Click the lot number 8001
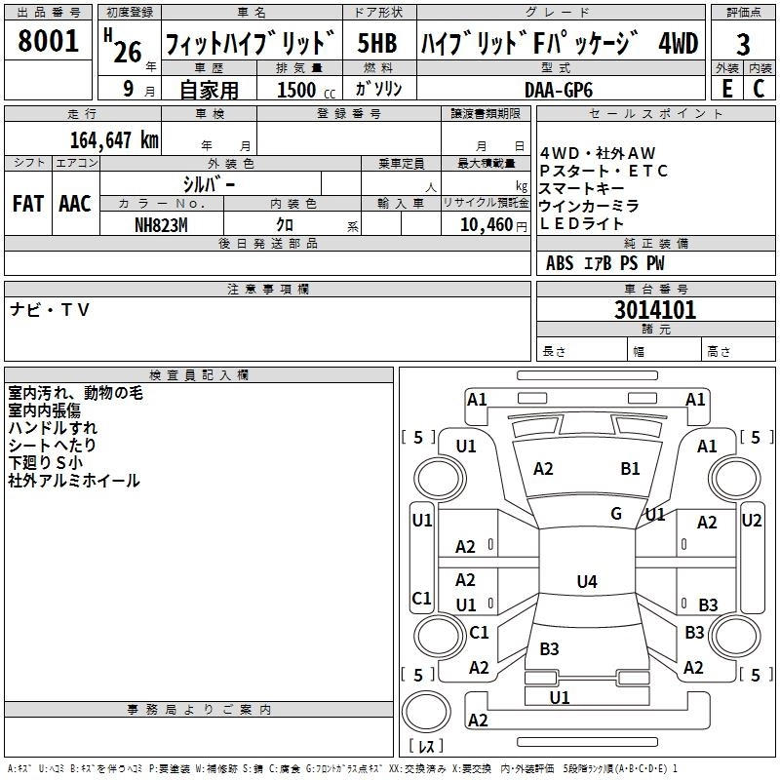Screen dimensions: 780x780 click(x=48, y=42)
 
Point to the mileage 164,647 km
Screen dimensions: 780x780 click(x=113, y=140)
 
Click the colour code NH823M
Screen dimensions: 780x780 click(x=162, y=224)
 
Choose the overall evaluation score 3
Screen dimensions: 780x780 click(x=743, y=45)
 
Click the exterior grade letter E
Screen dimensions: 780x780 click(x=726, y=89)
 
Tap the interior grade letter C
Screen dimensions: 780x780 click(x=758, y=89)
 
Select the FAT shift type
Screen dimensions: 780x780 click(x=27, y=204)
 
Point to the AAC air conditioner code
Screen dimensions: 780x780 click(x=74, y=204)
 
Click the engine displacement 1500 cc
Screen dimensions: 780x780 click(x=296, y=90)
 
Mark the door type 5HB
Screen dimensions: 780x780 click(x=376, y=44)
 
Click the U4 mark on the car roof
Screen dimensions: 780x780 click(x=586, y=582)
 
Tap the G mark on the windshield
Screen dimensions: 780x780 click(x=616, y=513)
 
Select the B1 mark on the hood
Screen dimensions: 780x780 click(x=630, y=469)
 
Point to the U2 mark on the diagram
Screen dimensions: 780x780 click(x=751, y=521)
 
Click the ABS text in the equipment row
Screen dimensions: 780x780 click(x=560, y=263)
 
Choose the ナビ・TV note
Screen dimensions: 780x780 click(x=50, y=310)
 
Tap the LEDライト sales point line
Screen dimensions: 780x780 click(x=589, y=224)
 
